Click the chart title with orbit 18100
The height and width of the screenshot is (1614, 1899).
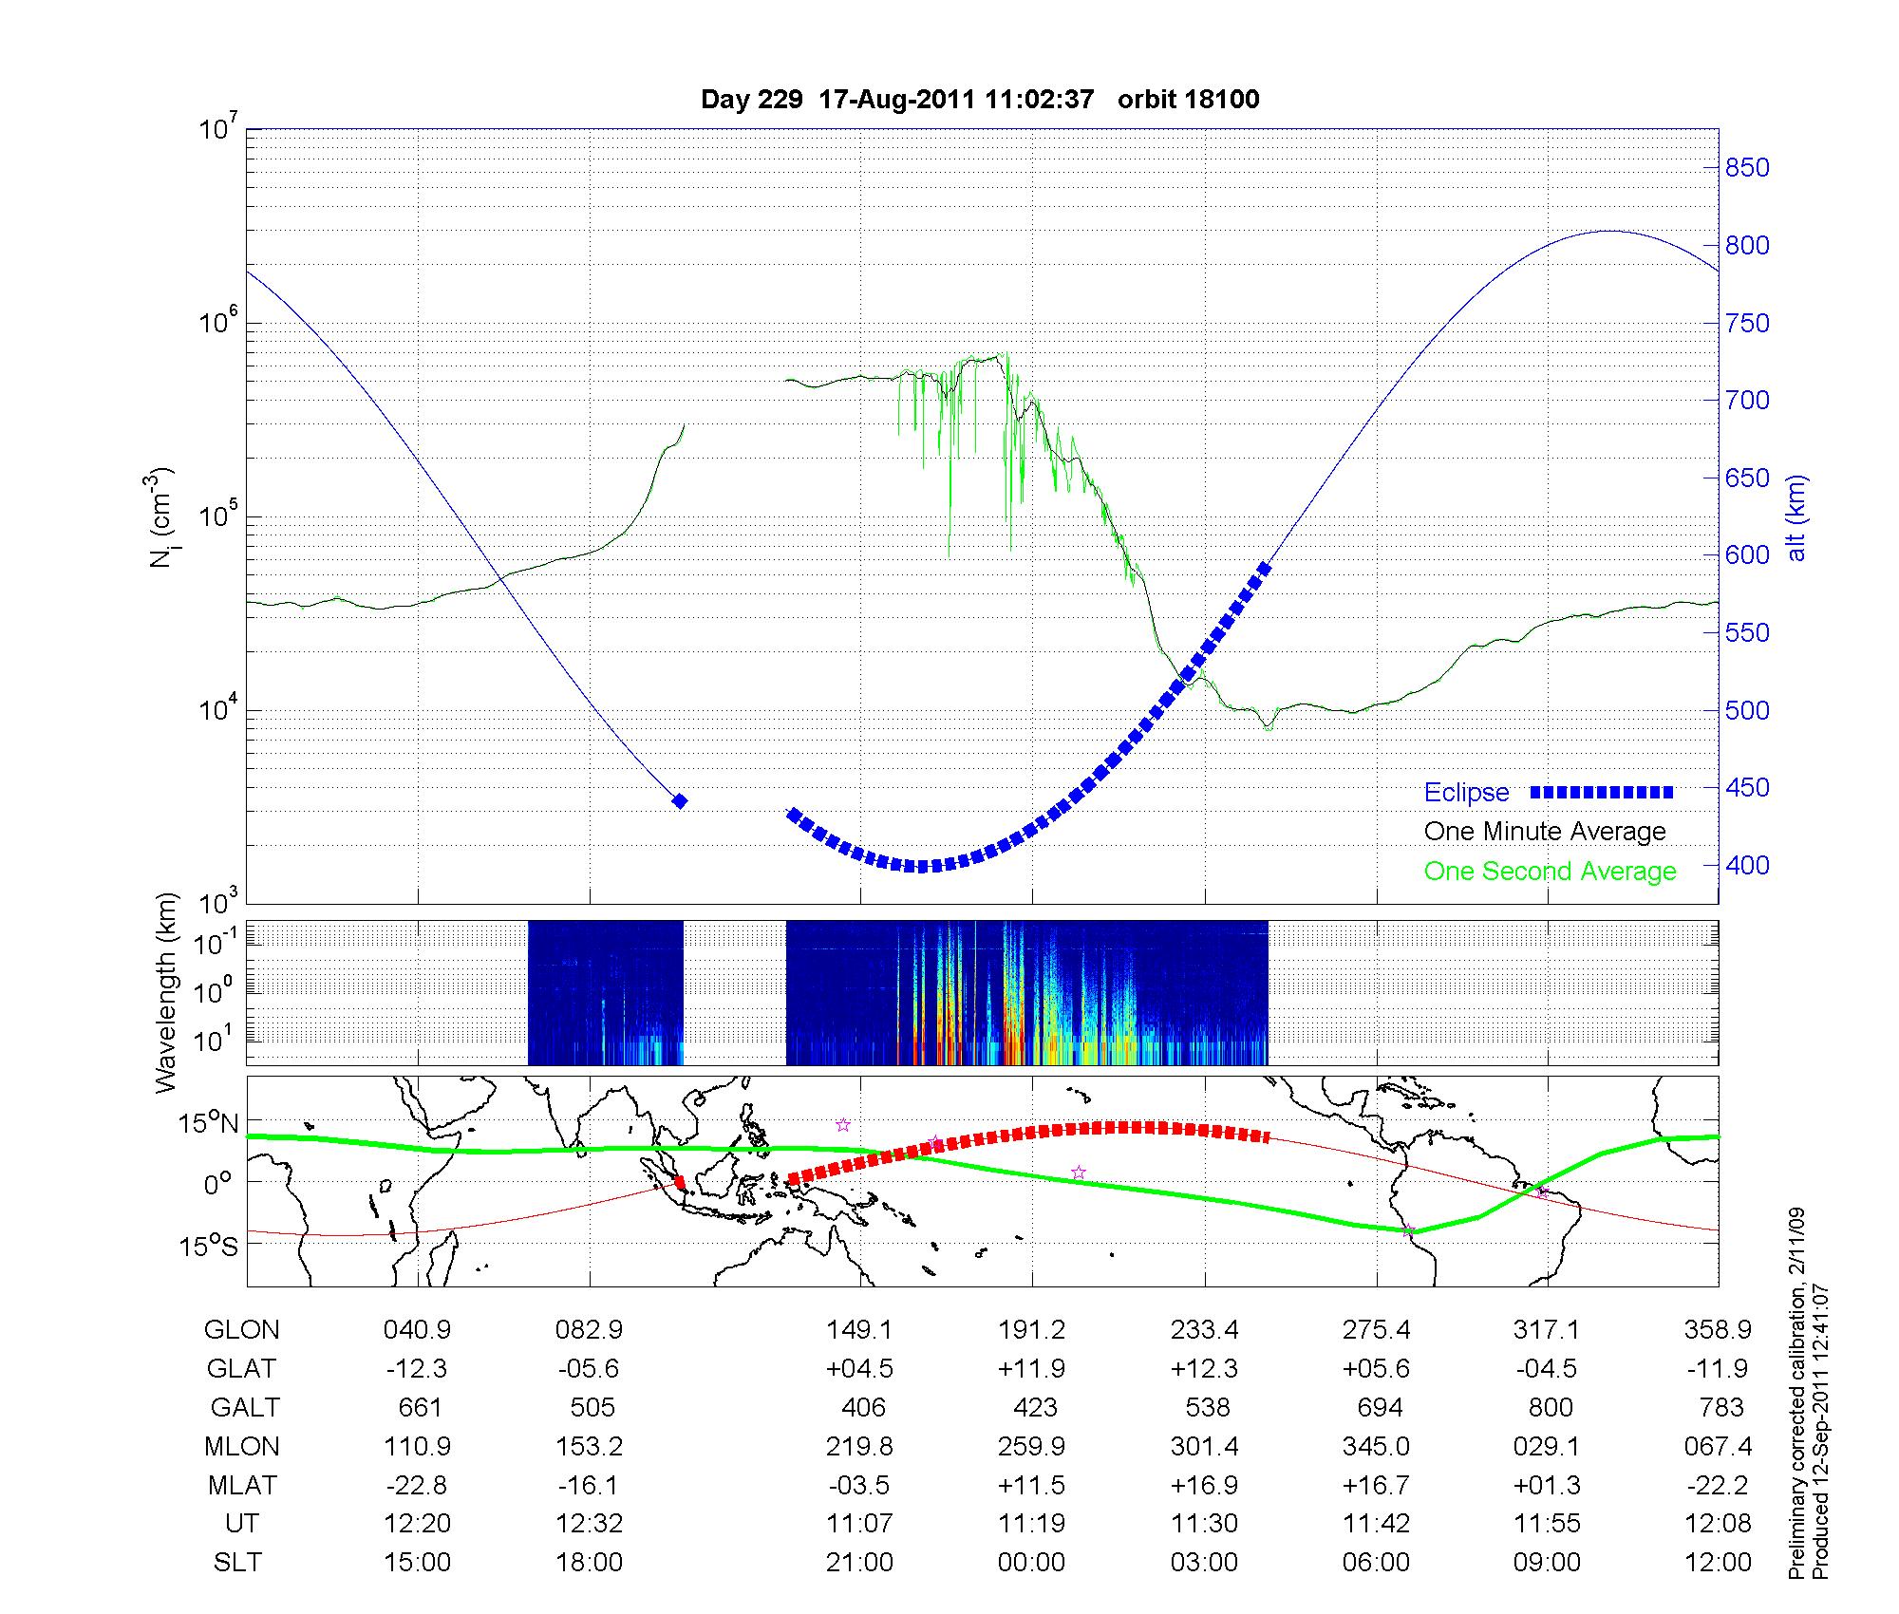980,100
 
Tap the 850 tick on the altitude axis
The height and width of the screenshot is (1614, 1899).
1747,168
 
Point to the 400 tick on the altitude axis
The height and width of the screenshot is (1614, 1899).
1747,865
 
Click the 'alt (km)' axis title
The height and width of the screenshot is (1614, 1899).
1796,517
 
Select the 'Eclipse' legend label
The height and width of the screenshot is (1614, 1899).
1466,793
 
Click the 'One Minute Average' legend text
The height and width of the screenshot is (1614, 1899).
1545,832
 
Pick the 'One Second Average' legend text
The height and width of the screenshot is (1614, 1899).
1550,872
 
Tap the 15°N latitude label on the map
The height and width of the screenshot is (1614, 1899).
210,1124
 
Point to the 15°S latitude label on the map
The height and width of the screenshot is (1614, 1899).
210,1245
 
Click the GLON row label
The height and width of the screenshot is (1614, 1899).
241,1330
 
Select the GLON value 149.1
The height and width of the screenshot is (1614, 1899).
859,1330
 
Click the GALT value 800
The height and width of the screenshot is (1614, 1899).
1550,1407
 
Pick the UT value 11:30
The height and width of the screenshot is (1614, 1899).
1204,1524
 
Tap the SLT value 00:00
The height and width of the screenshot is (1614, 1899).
1031,1562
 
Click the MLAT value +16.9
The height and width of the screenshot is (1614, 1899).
1204,1485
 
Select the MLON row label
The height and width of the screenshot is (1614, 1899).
241,1447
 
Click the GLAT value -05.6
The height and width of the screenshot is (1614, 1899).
590,1369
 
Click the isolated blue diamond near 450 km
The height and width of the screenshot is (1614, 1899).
680,801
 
